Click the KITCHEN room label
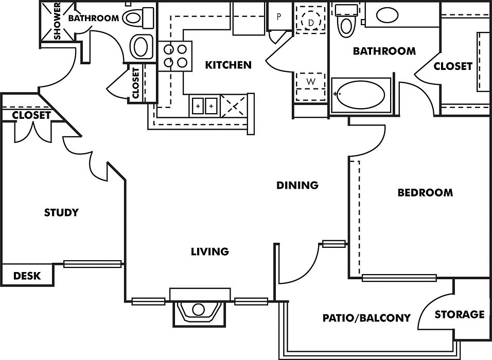coord(228,65)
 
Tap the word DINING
coord(297,185)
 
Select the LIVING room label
coord(210,251)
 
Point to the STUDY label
coord(61,212)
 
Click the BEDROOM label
coord(425,192)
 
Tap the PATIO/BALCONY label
coord(366,318)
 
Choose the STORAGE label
coord(460,314)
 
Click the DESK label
coord(27,276)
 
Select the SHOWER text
coord(58,21)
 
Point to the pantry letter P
coord(278,16)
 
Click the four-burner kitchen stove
coord(175,56)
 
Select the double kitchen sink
coord(205,106)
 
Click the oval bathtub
coord(361,95)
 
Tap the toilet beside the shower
coord(138,17)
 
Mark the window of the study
coord(93,264)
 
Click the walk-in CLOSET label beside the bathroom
coord(453,66)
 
